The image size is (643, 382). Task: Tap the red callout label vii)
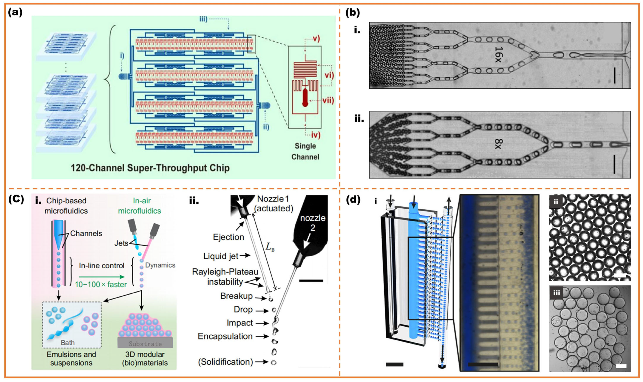(328, 100)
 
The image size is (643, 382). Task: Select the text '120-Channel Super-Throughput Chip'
(150, 168)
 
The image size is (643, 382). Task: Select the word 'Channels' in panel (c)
(86, 233)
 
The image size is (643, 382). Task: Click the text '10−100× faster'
(101, 284)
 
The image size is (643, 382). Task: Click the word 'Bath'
(68, 343)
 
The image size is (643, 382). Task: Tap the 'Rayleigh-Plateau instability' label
(225, 277)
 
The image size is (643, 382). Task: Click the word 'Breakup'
(236, 296)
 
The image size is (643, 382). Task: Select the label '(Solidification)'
(225, 362)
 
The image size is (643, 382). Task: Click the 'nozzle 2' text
(313, 223)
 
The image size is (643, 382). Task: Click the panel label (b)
(353, 13)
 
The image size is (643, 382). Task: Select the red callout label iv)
(315, 135)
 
